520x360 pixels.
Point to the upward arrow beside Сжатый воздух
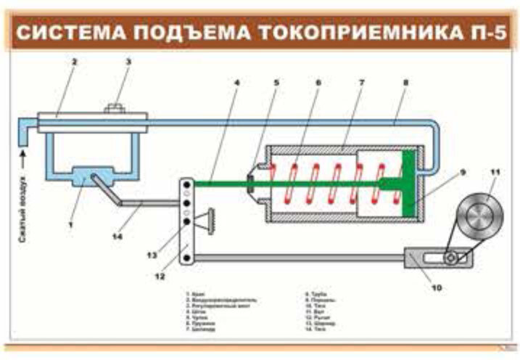pyautogui.click(x=23, y=155)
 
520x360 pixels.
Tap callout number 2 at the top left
pyautogui.click(x=74, y=62)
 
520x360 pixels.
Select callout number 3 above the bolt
pyautogui.click(x=128, y=62)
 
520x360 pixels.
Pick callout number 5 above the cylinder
pyautogui.click(x=276, y=82)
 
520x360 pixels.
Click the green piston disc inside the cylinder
pyautogui.click(x=409, y=182)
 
